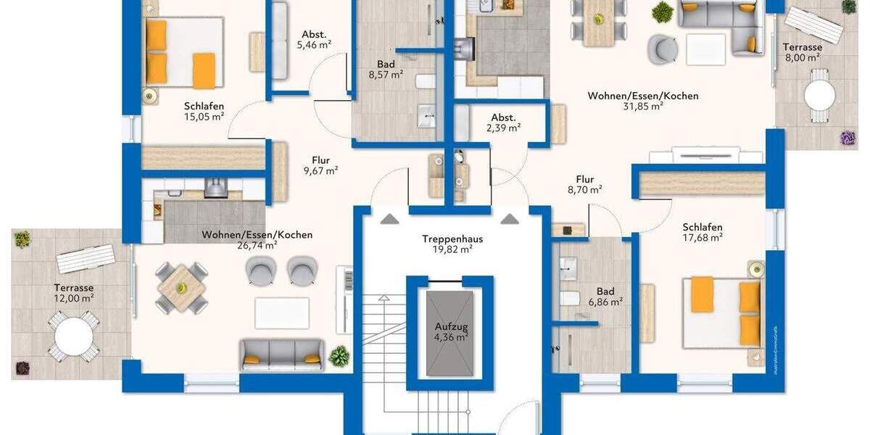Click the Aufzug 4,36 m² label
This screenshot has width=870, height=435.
tap(451, 332)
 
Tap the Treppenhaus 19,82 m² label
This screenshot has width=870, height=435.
tap(452, 244)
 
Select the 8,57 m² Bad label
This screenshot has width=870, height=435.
tap(385, 69)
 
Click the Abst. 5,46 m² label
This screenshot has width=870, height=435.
tap(313, 38)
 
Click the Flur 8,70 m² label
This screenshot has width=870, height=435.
tap(585, 184)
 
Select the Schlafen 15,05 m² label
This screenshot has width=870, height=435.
tap(203, 111)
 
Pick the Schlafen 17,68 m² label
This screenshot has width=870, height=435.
tap(702, 231)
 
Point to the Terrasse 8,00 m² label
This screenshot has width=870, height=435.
tap(803, 52)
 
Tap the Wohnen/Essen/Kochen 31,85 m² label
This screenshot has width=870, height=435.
tap(642, 100)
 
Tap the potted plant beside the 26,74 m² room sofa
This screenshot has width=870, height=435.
tap(338, 355)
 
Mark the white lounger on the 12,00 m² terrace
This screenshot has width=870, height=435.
tap(86, 258)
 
